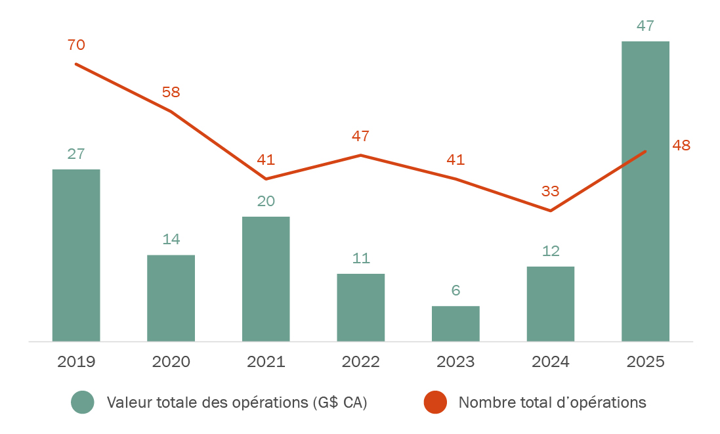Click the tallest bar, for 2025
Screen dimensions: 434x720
point(645,191)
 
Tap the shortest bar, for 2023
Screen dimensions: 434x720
point(455,324)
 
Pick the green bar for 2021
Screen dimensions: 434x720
point(266,278)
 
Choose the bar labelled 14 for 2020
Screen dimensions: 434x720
point(171,298)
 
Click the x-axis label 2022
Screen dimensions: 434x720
point(361,362)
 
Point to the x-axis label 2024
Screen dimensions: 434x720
point(551,362)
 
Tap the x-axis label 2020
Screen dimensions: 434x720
point(171,362)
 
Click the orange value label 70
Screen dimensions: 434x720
point(76,45)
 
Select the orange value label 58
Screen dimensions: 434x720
point(171,93)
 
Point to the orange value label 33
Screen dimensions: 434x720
point(551,192)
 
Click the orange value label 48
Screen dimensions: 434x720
point(681,146)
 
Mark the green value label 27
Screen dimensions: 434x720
point(76,154)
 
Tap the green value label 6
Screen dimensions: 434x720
point(455,290)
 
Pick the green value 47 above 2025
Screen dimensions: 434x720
point(645,26)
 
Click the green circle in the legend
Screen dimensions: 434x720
point(83,402)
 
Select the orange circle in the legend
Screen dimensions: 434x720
point(434,402)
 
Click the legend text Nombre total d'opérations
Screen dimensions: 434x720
point(552,402)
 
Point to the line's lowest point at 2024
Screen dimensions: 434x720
point(551,211)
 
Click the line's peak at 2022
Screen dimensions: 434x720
point(361,155)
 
